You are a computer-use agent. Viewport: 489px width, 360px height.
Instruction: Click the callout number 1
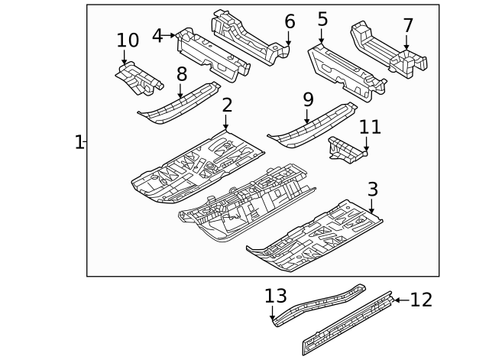pyautogui.click(x=79, y=142)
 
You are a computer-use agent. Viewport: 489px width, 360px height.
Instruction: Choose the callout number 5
pyautogui.click(x=322, y=20)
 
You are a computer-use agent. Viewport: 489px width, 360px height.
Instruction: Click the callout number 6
pyautogui.click(x=290, y=21)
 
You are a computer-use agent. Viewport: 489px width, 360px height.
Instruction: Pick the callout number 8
pyautogui.click(x=182, y=74)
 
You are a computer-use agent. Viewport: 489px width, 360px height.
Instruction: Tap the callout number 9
pyautogui.click(x=308, y=99)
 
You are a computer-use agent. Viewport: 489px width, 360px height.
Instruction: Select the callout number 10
pyautogui.click(x=128, y=40)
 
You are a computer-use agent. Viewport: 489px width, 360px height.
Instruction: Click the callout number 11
pyautogui.click(x=370, y=126)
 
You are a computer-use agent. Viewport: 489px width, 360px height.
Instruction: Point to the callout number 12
pyautogui.click(x=421, y=300)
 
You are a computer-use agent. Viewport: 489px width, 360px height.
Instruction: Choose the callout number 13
pyautogui.click(x=274, y=295)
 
